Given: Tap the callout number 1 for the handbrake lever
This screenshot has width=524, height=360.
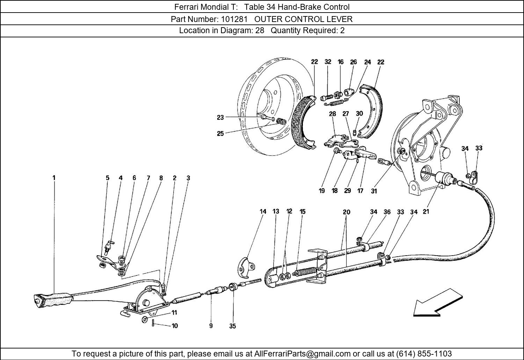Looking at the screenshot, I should click(54, 178).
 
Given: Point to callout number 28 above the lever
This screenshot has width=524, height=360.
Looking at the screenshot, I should click(332, 114).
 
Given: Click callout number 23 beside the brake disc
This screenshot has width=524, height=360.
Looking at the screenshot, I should click(220, 117).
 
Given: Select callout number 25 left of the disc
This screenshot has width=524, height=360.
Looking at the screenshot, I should click(220, 133).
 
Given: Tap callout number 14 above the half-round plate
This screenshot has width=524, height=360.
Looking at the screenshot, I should click(263, 211).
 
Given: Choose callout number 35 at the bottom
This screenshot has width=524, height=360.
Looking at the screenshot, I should click(232, 326).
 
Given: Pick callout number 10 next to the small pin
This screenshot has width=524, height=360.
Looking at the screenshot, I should click(175, 326).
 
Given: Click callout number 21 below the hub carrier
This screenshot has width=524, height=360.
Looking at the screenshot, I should click(426, 212).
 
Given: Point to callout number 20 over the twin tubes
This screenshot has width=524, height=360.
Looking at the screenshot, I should click(346, 212).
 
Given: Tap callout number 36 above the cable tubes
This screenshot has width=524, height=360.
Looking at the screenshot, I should click(387, 212).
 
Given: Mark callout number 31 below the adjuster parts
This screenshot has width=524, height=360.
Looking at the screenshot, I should click(374, 191).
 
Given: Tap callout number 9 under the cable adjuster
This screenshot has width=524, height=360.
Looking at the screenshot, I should click(211, 326).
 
